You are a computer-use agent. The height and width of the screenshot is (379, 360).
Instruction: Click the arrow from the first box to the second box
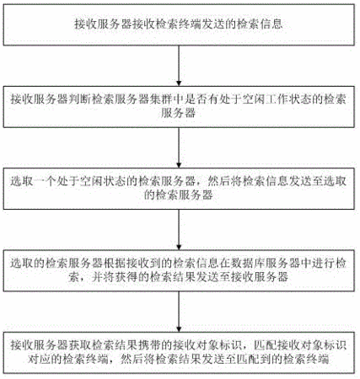(x=179, y=66)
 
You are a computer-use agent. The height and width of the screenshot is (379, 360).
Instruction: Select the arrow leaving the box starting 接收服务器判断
(x=179, y=147)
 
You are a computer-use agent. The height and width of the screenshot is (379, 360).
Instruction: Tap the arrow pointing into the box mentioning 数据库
(x=179, y=229)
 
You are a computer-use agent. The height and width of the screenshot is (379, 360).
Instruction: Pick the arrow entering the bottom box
(x=179, y=312)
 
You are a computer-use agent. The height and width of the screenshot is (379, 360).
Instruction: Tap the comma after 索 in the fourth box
(x=83, y=280)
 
